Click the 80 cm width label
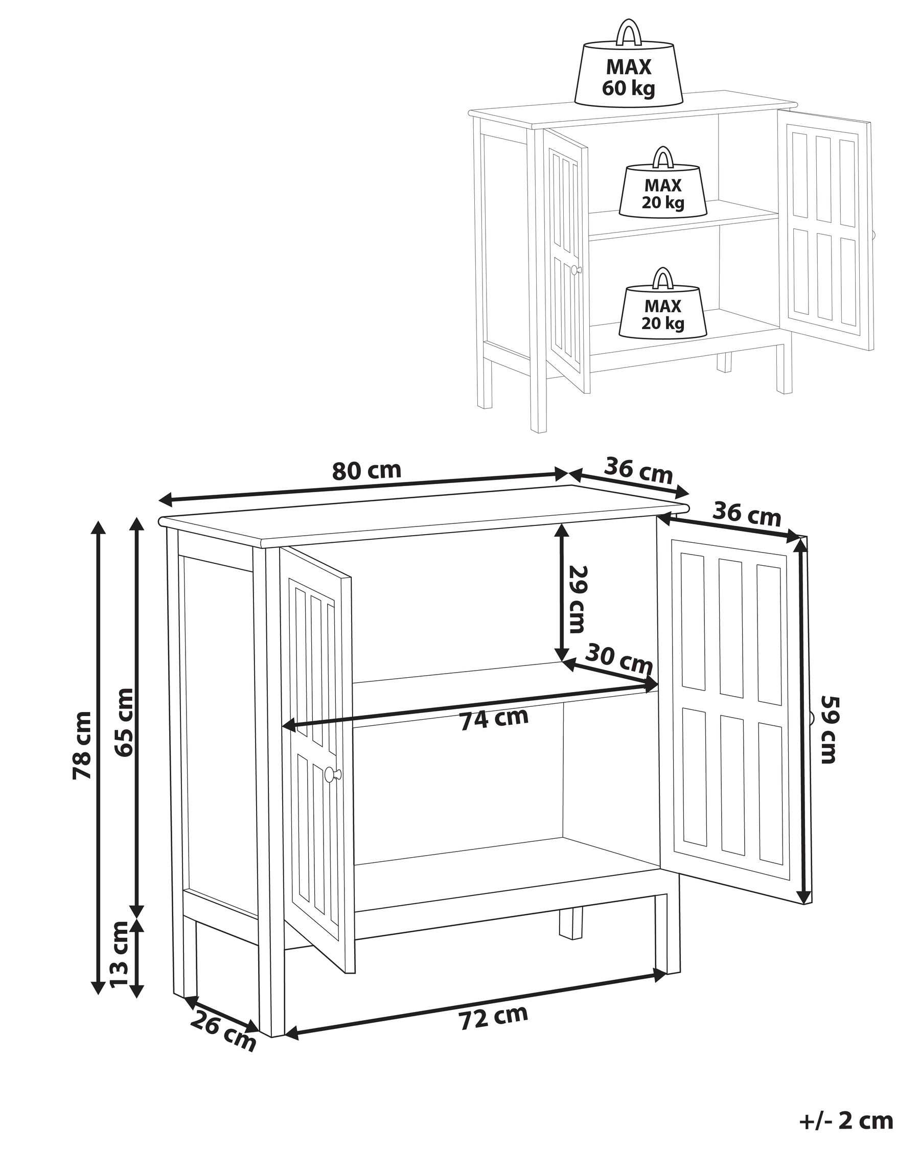(x=366, y=470)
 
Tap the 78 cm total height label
(x=82, y=745)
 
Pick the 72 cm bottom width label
(x=493, y=1017)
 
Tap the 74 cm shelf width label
(x=494, y=719)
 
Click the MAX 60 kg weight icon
(x=628, y=76)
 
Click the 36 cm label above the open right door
(x=747, y=515)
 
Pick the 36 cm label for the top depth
(x=638, y=470)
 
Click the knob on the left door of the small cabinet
(x=574, y=270)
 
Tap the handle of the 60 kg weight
(x=628, y=32)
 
